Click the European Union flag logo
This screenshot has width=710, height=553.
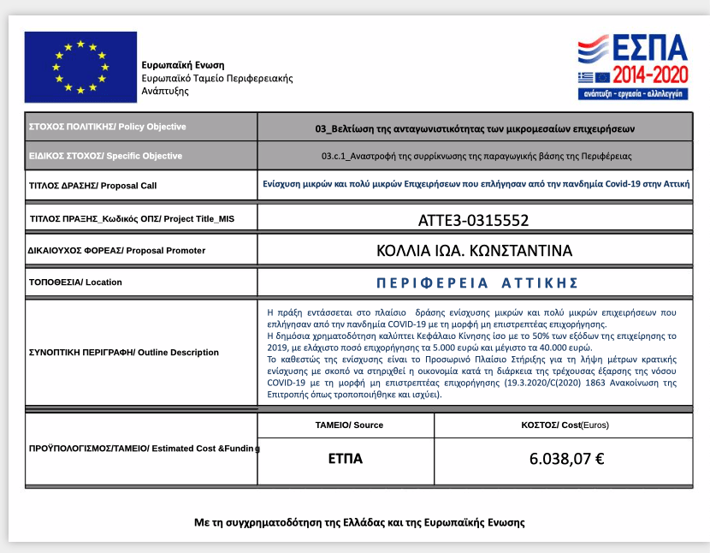pos(80,68)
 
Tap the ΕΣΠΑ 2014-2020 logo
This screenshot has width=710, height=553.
pos(632,68)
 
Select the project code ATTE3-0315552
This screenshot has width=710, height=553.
pos(473,220)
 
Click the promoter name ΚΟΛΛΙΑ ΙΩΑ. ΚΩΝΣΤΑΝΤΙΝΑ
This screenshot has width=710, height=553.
pos(474,251)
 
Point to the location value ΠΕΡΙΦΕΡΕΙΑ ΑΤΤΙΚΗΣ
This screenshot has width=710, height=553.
pos(477,282)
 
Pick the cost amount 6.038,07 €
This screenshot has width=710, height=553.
pos(566,459)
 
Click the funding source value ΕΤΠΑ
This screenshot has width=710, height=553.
pos(346,459)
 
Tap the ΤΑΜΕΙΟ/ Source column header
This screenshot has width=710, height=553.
pos(349,425)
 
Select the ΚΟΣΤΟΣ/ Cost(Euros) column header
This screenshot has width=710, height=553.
pos(565,425)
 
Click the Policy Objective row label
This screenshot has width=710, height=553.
pos(108,127)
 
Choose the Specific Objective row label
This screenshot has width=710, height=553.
pos(106,156)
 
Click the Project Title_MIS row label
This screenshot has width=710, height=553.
pos(131,219)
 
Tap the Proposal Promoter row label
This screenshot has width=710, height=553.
pos(117,251)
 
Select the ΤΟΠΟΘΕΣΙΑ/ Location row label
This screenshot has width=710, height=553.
pos(75,282)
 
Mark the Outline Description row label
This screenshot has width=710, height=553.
pos(124,352)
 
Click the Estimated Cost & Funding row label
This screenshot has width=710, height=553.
pos(145,449)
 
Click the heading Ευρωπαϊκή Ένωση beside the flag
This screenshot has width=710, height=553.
pos(183,65)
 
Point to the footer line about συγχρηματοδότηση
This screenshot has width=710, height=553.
pos(359,521)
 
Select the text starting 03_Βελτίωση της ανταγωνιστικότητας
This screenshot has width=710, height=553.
pos(475,128)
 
